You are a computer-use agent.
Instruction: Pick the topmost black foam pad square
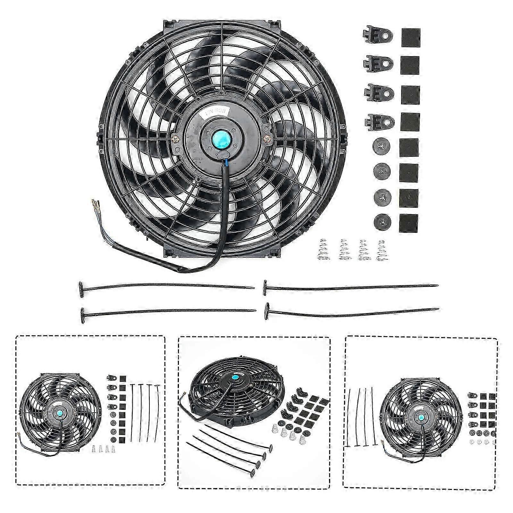(411, 38)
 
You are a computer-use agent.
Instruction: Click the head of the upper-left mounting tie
(81, 285)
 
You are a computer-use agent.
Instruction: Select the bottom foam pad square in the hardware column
(409, 223)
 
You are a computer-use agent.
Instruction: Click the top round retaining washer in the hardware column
(380, 146)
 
